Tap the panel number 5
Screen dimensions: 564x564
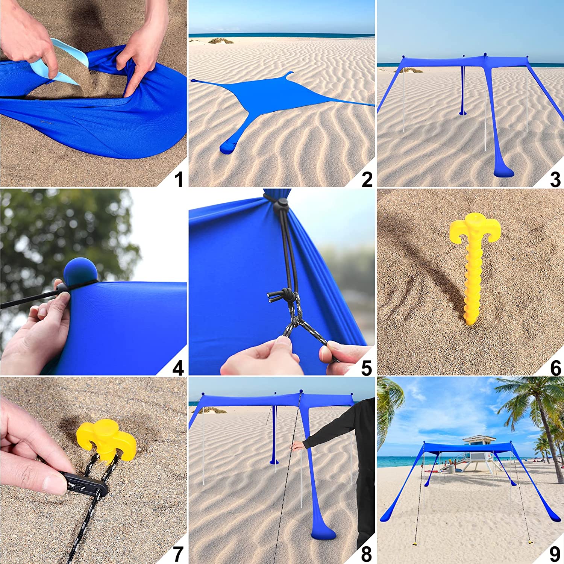pos(367,367)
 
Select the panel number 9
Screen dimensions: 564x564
pos(555,554)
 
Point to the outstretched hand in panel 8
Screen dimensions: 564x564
pos(298,446)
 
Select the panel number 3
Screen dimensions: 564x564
pos(555,179)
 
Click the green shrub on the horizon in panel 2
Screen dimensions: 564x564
pos(221,41)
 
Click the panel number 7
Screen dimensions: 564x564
pos(178,554)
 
